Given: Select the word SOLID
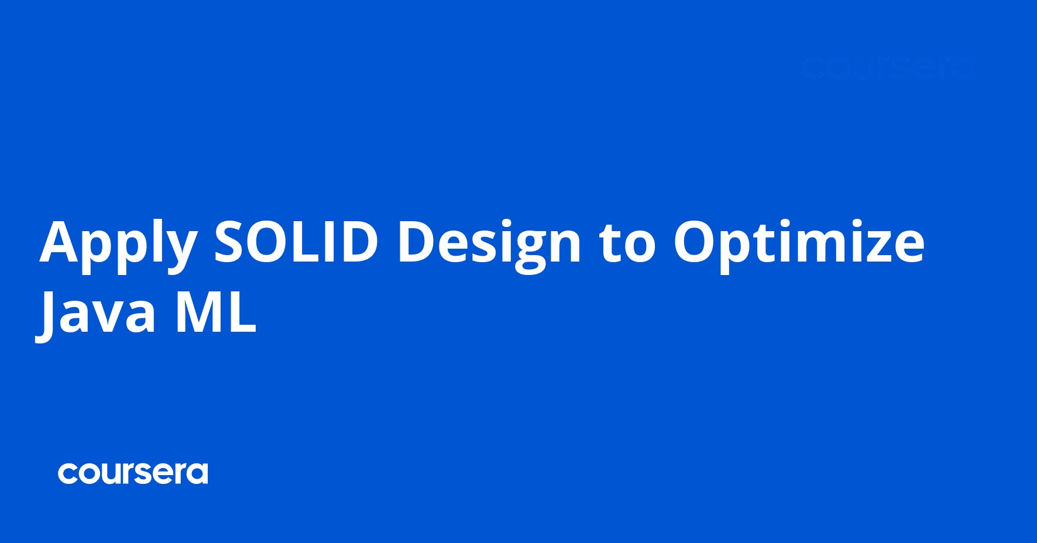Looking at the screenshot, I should tap(296, 242).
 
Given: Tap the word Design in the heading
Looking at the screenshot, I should tap(489, 243).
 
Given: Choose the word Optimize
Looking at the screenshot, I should tap(799, 243).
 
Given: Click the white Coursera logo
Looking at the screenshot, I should tap(133, 473).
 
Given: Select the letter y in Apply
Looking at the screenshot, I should tap(178, 249).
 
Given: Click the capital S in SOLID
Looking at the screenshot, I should tap(229, 242).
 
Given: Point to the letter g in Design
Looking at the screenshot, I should tap(530, 249).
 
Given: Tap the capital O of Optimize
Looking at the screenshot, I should tap(696, 242).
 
